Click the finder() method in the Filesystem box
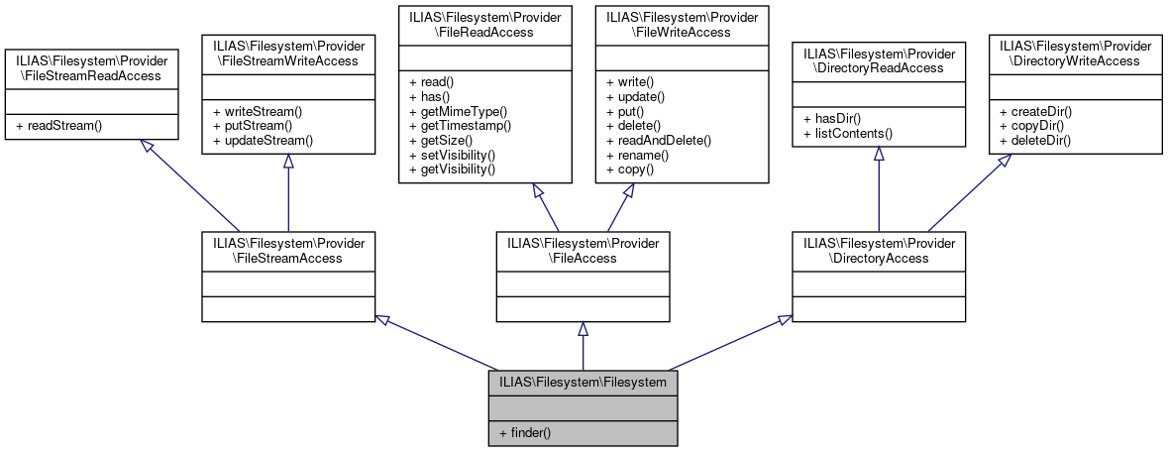click(x=525, y=432)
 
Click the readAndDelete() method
click(x=658, y=141)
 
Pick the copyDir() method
click(x=1036, y=126)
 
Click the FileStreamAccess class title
click(x=287, y=250)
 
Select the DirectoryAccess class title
click(x=878, y=250)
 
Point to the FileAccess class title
click(x=583, y=250)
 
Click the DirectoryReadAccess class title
click(x=878, y=59)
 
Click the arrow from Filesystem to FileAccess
click(x=583, y=347)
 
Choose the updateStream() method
click(x=261, y=141)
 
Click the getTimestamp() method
click(x=459, y=126)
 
